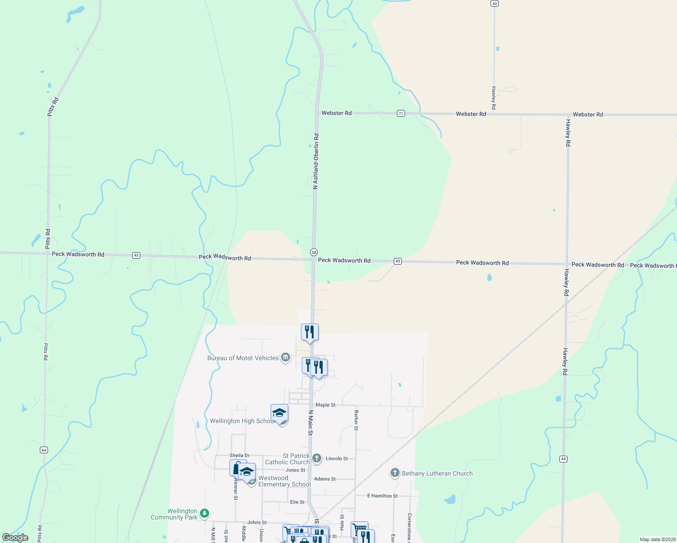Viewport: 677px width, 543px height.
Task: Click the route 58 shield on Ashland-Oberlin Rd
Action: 314,252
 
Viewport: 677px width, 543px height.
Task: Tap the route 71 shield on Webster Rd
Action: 400,113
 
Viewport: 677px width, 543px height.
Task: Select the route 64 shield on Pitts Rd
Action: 43,450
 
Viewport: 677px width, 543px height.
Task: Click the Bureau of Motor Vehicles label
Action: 243,358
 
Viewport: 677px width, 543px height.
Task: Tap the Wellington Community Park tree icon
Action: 205,513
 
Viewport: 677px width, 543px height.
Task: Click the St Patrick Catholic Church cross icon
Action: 317,458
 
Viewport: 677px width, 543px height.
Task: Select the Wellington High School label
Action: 243,421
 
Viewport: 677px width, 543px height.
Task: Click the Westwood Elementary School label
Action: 284,481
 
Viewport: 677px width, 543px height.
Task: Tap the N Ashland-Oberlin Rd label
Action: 316,161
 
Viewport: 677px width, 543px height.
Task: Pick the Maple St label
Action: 325,405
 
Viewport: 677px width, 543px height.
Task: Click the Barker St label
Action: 357,420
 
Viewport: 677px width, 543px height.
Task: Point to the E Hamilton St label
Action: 382,496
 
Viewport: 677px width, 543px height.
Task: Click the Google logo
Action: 15,538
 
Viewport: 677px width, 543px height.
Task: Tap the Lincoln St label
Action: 337,458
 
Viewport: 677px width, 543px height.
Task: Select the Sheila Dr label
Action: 239,455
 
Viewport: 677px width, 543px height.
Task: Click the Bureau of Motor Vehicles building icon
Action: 286,358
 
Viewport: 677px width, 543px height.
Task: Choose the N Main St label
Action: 310,423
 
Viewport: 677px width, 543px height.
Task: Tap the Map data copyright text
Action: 657,539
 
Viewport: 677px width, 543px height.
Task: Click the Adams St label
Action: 325,479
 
